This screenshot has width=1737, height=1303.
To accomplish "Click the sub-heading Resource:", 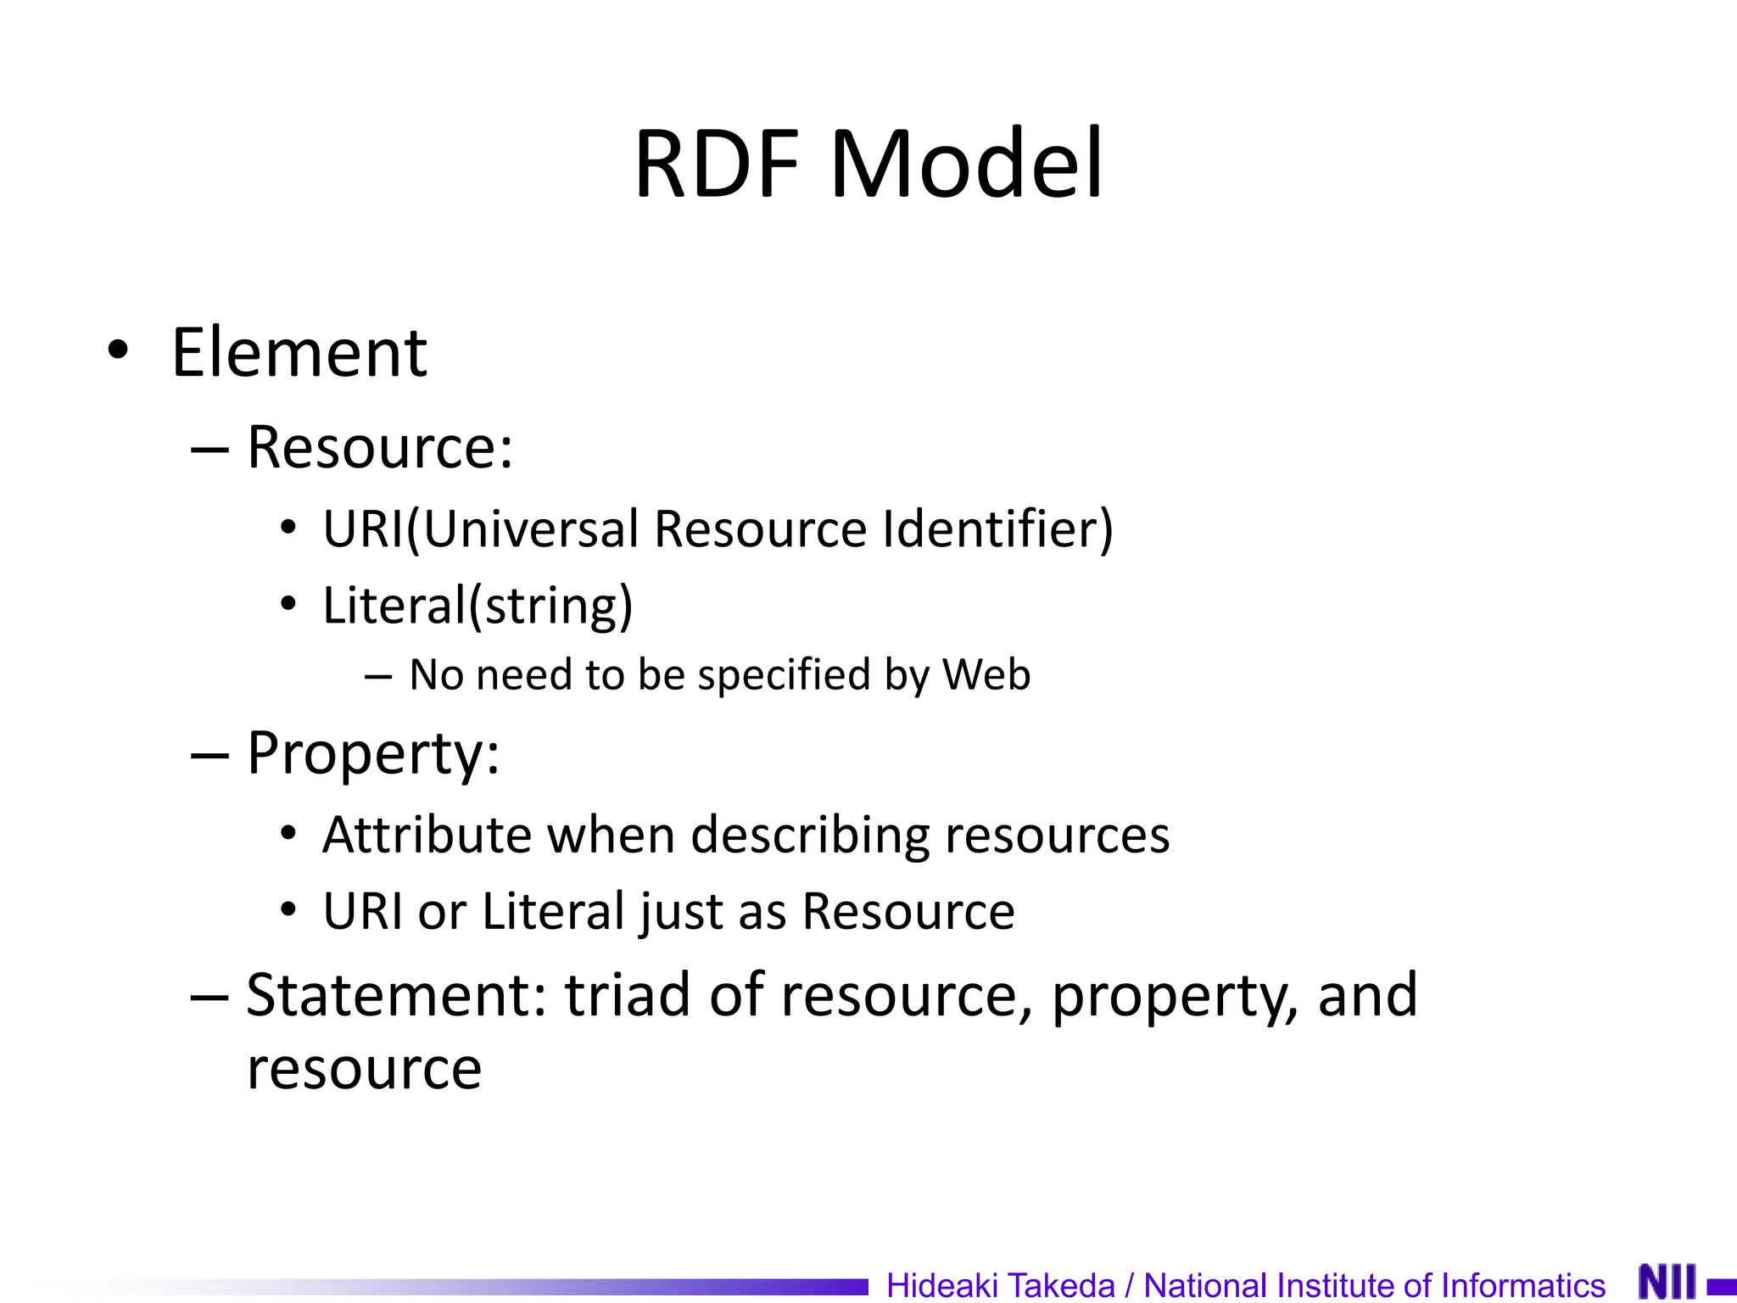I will click(380, 447).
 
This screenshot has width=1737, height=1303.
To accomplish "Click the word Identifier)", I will click(997, 529).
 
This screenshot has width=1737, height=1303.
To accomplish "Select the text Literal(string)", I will click(478, 606).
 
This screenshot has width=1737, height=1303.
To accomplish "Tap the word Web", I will click(986, 674).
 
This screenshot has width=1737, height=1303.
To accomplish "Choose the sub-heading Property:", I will click(373, 754).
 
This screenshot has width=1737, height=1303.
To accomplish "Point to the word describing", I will click(810, 836).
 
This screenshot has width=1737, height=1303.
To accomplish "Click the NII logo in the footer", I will click(1667, 1282).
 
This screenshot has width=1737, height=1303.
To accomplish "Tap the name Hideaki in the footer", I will click(941, 1286).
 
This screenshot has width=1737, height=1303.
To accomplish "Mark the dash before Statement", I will click(210, 998).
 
